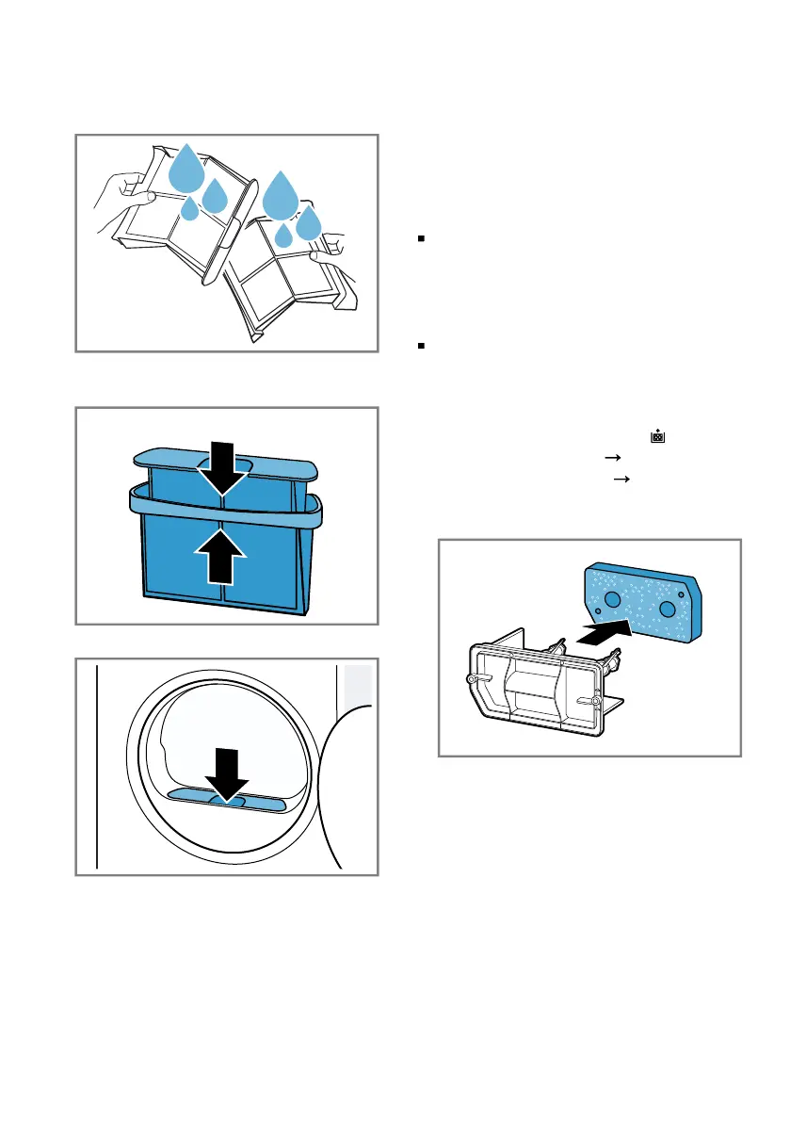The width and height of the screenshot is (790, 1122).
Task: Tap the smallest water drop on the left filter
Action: pyautogui.click(x=190, y=208)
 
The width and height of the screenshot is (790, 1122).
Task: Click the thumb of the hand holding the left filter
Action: pyautogui.click(x=144, y=196)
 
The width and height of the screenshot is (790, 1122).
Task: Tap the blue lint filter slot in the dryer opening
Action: pyautogui.click(x=226, y=801)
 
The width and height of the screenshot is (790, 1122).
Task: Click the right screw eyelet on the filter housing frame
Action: pyautogui.click(x=597, y=700)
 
